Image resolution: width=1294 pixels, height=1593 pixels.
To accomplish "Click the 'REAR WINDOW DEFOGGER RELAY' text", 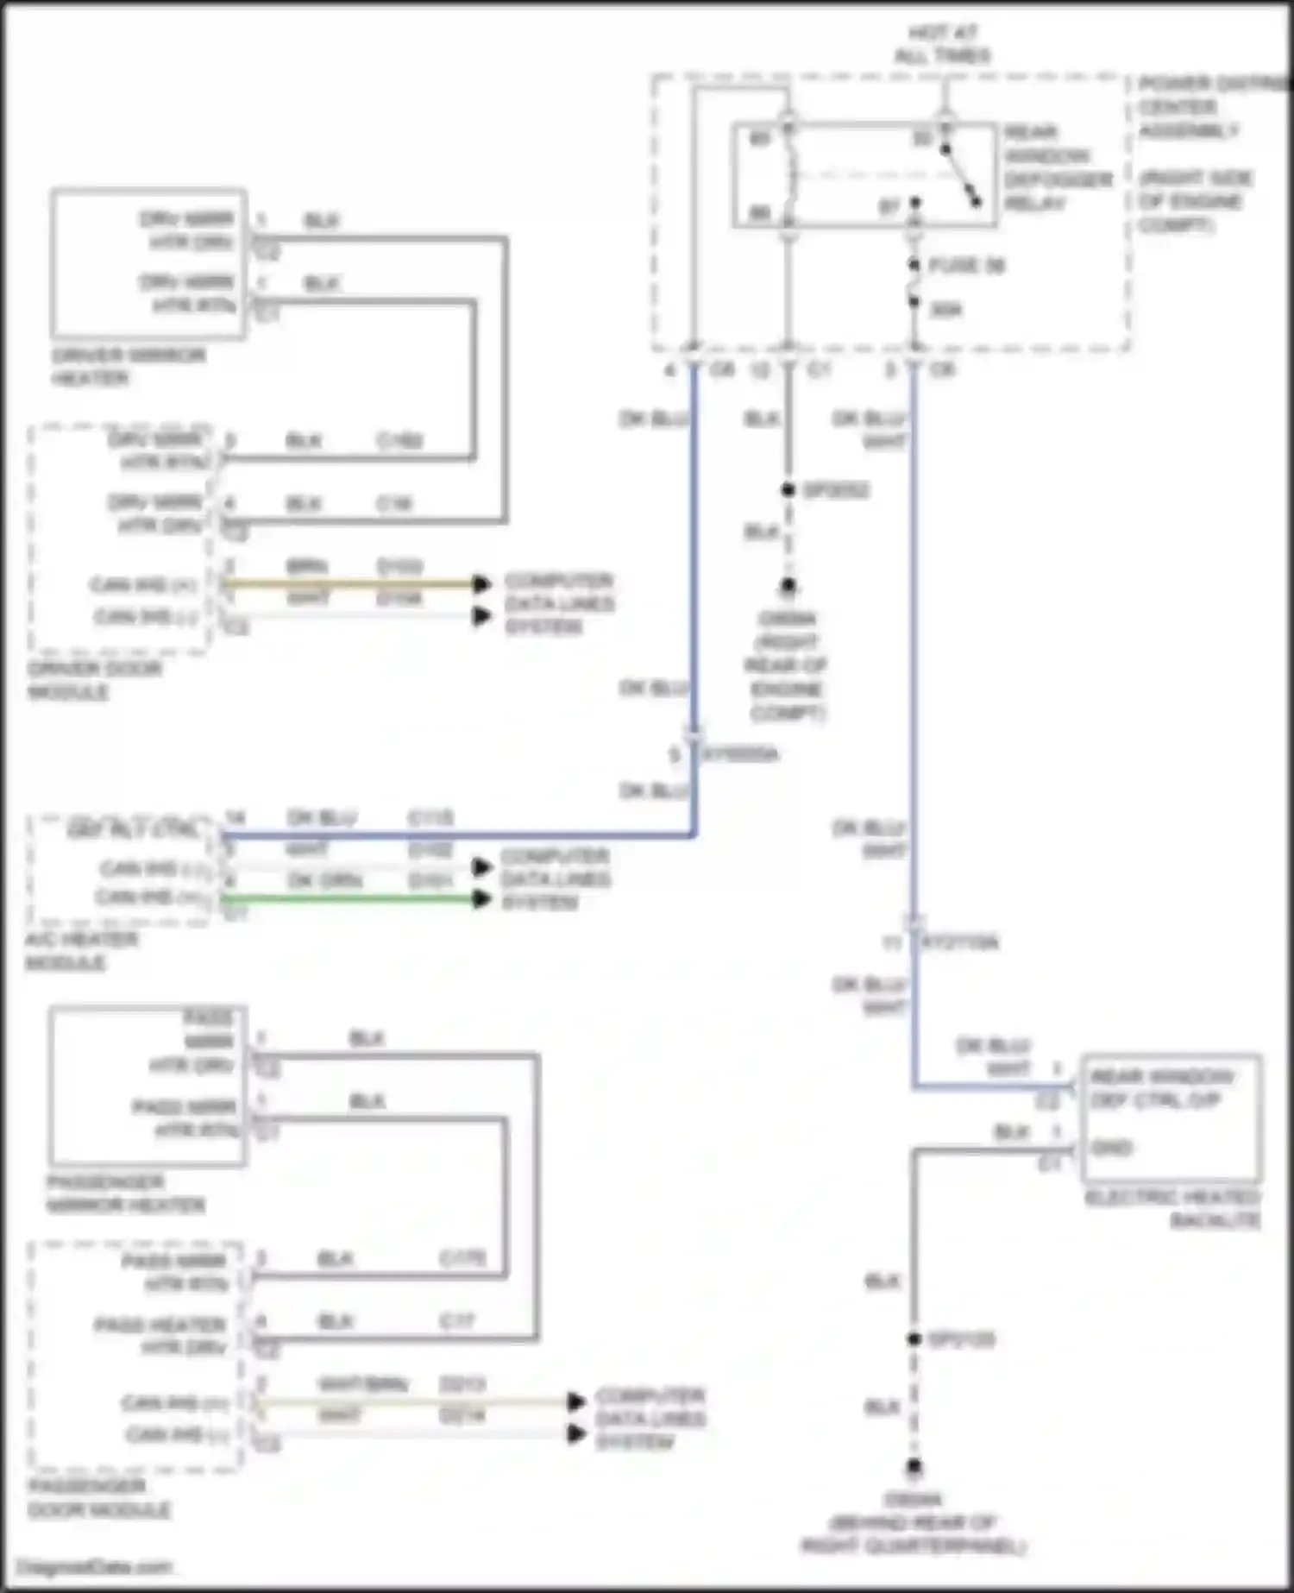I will click(1058, 167).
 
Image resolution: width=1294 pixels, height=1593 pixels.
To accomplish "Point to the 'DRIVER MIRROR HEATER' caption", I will click(128, 367).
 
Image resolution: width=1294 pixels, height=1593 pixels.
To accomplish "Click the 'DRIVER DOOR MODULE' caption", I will click(93, 680).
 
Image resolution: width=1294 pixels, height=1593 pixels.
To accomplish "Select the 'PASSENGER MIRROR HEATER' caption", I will click(125, 1193).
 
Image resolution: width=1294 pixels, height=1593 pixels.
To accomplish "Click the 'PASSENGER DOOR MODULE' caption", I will click(98, 1498).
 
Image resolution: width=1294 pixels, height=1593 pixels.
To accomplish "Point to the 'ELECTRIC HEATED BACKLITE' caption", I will click(1172, 1208).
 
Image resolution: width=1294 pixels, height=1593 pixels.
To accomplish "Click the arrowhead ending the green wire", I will click(481, 899).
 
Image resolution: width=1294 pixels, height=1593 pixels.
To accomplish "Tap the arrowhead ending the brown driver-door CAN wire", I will click(481, 584).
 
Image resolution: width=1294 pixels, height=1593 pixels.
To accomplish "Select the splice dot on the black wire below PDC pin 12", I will click(788, 490).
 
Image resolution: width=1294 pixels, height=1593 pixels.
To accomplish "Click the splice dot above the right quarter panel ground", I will click(914, 1339).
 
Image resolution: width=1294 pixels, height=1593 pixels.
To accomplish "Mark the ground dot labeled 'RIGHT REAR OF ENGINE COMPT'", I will click(788, 588).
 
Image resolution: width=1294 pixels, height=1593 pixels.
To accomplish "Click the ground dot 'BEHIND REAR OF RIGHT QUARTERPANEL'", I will click(914, 1466).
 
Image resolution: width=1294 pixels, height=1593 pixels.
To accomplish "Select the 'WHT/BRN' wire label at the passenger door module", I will click(361, 1384).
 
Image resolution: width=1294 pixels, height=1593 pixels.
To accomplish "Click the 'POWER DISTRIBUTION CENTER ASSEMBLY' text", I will click(1208, 108).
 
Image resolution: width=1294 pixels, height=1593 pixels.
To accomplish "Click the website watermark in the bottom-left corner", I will click(95, 1566).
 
